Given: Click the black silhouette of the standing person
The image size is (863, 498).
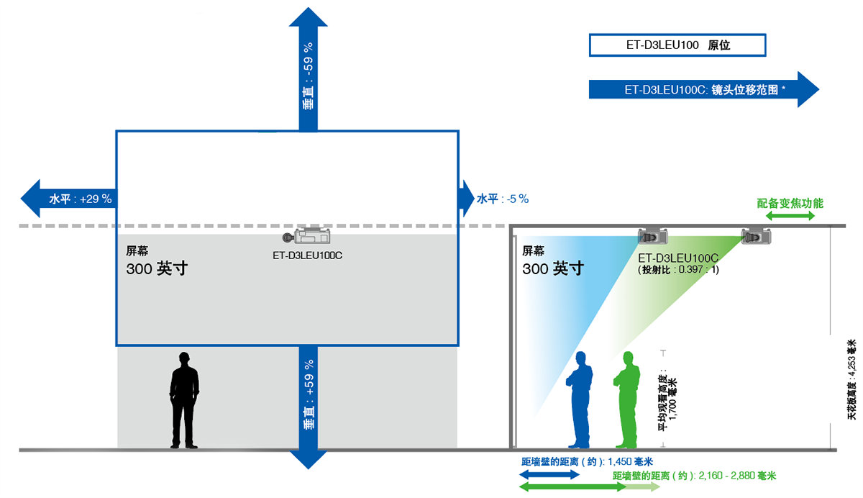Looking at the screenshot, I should pyautogui.click(x=185, y=399).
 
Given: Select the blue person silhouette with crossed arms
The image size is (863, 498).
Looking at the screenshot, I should pyautogui.click(x=580, y=399).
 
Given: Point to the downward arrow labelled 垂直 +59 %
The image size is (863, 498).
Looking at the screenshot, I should pyautogui.click(x=308, y=407).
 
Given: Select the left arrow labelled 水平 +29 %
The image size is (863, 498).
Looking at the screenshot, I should pyautogui.click(x=68, y=199).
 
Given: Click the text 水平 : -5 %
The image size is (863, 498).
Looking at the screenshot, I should pyautogui.click(x=503, y=199).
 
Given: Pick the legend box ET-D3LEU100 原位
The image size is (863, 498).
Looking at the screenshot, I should pyautogui.click(x=677, y=45).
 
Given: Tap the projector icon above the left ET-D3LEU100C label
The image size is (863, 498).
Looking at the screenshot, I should pyautogui.click(x=308, y=236).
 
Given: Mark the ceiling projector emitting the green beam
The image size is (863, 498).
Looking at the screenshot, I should pyautogui.click(x=756, y=236).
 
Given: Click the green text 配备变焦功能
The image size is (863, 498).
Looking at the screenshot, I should pyautogui.click(x=790, y=204).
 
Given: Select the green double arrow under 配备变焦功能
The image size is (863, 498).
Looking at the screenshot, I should pyautogui.click(x=790, y=216).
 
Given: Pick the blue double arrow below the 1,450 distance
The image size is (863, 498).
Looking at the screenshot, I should pyautogui.click(x=549, y=475).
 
